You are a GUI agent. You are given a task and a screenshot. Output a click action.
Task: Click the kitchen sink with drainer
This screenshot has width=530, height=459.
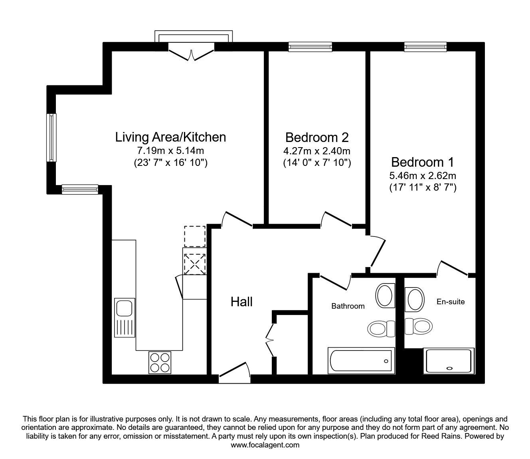pyautogui.click(x=124, y=317)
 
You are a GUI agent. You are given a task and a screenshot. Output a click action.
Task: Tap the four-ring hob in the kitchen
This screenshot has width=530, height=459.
pyautogui.click(x=160, y=362)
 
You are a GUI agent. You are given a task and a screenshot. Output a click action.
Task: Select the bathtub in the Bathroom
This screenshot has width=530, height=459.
pyautogui.click(x=361, y=361)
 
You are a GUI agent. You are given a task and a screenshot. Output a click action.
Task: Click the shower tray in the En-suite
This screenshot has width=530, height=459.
pyautogui.click(x=449, y=361)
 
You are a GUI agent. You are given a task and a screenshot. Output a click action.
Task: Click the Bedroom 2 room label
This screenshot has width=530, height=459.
pyautogui.click(x=317, y=137)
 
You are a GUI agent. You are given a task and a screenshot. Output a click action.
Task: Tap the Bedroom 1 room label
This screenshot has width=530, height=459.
pyautogui.click(x=422, y=162)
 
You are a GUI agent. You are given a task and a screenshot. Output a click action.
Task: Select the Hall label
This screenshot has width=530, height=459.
pyautogui.click(x=241, y=302)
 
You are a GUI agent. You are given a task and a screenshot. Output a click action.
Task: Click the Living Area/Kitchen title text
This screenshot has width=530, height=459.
pyautogui.click(x=170, y=137)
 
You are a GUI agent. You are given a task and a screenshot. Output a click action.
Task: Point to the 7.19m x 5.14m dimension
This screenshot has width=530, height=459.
pyautogui.click(x=170, y=151)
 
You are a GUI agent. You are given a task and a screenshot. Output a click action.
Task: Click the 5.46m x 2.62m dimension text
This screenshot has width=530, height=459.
pyautogui.click(x=423, y=175)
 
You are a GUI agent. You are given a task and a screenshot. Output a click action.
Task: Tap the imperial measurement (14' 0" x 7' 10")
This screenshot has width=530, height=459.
pyautogui.click(x=317, y=163)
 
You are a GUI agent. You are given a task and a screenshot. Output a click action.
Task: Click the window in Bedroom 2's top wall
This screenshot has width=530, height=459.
pyautogui.click(x=310, y=47)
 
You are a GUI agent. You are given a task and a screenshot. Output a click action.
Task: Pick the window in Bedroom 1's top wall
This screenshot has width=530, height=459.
pyautogui.click(x=425, y=47)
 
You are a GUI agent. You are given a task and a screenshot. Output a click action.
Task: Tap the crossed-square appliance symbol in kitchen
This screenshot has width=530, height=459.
pyautogui.click(x=194, y=264)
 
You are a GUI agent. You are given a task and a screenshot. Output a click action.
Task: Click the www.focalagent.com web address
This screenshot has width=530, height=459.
pyautogui.click(x=265, y=445)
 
